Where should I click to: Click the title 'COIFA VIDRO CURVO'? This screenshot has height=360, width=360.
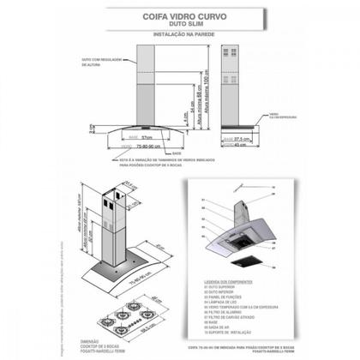(x=180, y=15)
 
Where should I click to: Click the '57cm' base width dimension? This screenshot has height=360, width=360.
(x=147, y=137)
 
